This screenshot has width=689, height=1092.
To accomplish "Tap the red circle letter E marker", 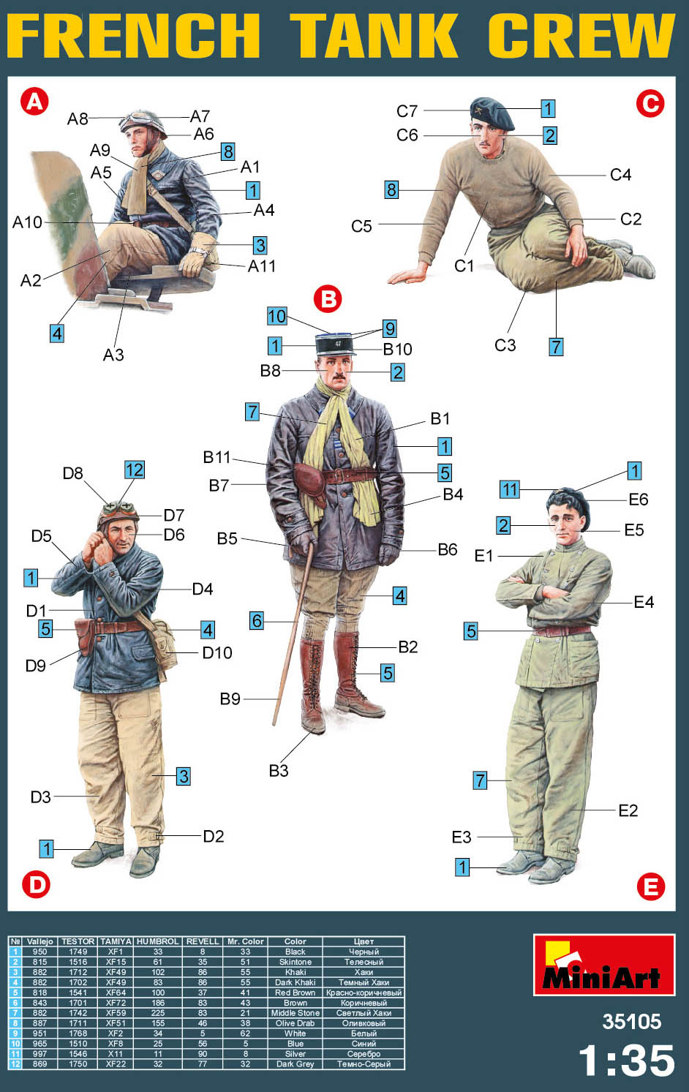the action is point(650,886).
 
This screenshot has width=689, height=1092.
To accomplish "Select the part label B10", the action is point(397,349).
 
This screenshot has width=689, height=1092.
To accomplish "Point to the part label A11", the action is point(261,266).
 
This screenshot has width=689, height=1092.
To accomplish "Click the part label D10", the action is point(217,652).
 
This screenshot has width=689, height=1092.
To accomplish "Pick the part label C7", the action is point(407,111).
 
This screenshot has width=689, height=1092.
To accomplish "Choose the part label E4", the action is point(644,602).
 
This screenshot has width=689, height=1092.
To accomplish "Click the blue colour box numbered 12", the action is point(135,470).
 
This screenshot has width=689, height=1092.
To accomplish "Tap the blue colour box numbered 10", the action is point(277,317).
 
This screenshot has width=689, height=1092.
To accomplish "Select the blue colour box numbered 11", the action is point(510,489).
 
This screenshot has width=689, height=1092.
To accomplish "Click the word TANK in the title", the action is point(374,35).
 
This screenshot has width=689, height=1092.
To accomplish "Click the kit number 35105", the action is point(631,1021).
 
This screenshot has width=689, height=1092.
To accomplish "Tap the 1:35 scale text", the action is point(627,1061).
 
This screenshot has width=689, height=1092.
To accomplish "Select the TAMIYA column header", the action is point(116,941).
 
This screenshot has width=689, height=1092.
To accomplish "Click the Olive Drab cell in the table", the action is point(295,1023).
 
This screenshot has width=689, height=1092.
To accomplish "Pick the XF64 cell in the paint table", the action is point(116,993).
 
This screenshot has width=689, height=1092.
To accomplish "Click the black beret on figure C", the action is point(492,113).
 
